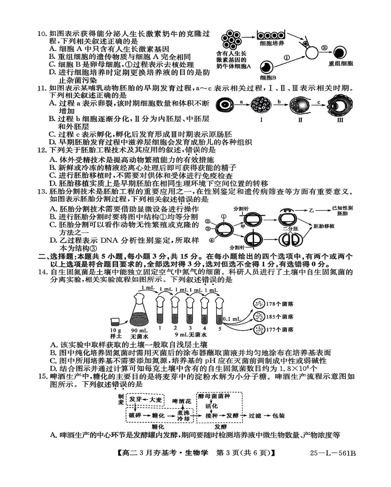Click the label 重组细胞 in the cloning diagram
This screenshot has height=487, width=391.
click(x=340, y=64)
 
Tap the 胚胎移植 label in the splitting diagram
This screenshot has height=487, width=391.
click(x=324, y=226)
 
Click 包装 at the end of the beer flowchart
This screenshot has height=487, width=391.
click(x=278, y=416)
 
